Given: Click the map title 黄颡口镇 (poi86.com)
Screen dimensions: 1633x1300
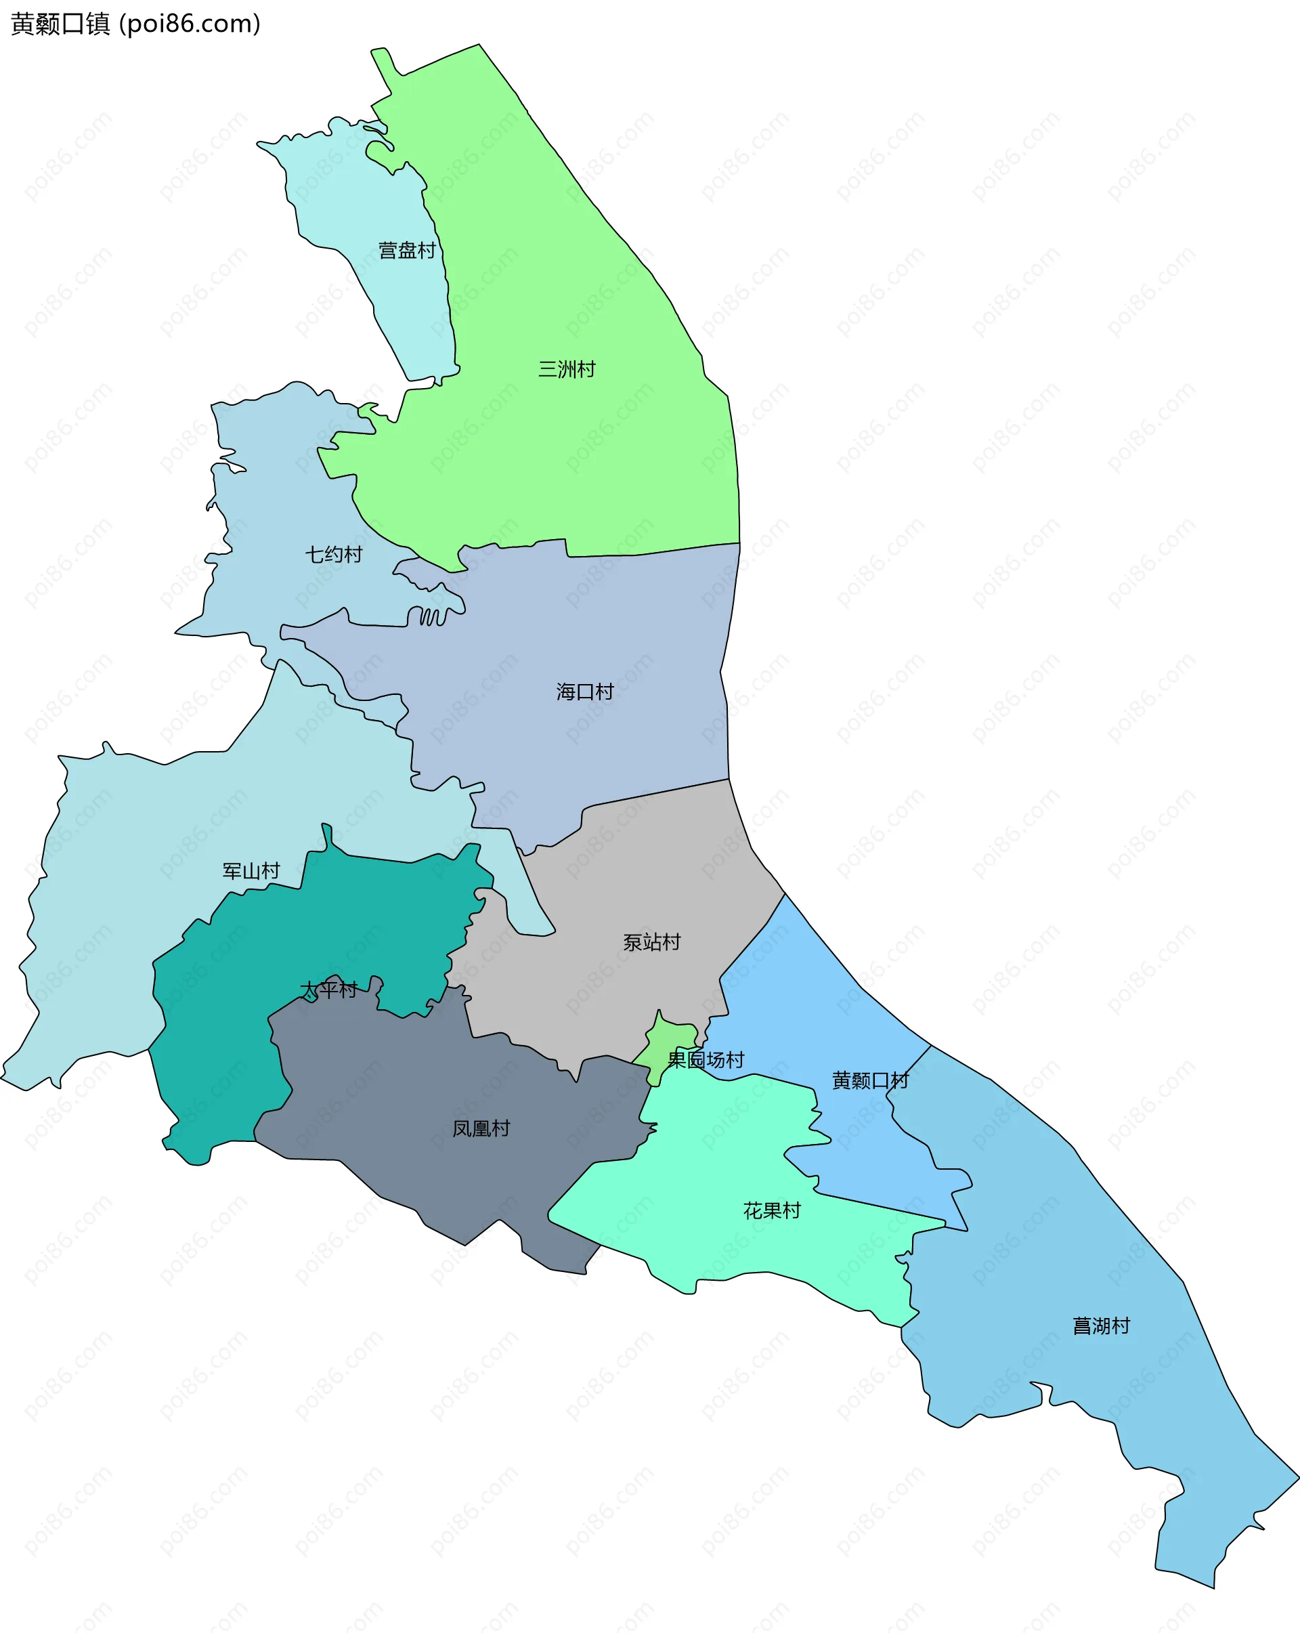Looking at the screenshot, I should tap(135, 24).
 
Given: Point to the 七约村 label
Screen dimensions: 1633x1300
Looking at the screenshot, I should tap(333, 555).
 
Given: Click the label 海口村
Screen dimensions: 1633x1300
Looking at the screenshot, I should tap(584, 692).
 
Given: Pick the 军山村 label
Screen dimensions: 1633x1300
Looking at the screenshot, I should tap(251, 871).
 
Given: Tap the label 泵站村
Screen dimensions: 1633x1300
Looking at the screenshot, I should tap(651, 942).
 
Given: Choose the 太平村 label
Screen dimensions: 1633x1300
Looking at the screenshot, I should tap(328, 990).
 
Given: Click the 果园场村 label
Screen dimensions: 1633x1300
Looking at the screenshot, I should tap(705, 1059).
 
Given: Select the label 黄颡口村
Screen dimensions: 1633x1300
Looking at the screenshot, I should tap(870, 1081).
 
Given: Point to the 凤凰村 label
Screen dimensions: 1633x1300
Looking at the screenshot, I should tap(481, 1128).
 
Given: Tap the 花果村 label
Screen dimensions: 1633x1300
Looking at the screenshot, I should tap(771, 1210).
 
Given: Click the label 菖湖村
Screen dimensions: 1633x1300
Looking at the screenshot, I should tap(1101, 1326).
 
